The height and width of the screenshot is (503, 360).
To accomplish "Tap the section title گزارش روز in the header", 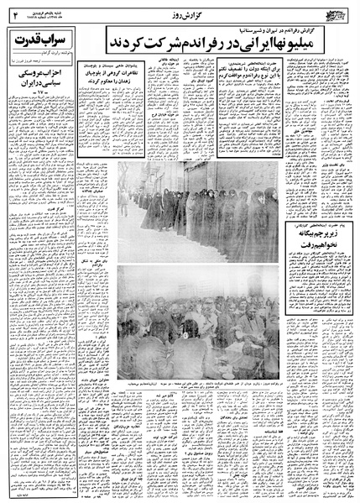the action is (181, 14).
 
